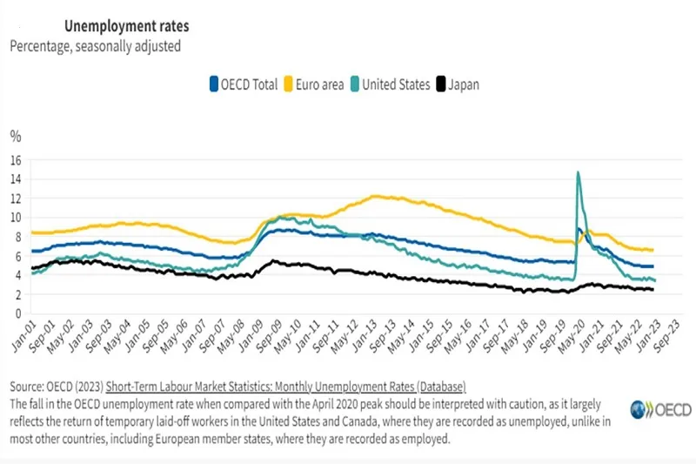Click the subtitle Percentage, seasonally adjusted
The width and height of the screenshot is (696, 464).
tap(96, 46)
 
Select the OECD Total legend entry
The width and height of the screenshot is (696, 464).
tap(244, 84)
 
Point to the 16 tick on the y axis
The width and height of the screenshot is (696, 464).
tap(15, 160)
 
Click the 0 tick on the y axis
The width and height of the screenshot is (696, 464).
tap(17, 313)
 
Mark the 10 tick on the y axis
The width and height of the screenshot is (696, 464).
tap(15, 218)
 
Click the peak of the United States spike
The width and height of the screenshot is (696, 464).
tap(579, 172)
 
